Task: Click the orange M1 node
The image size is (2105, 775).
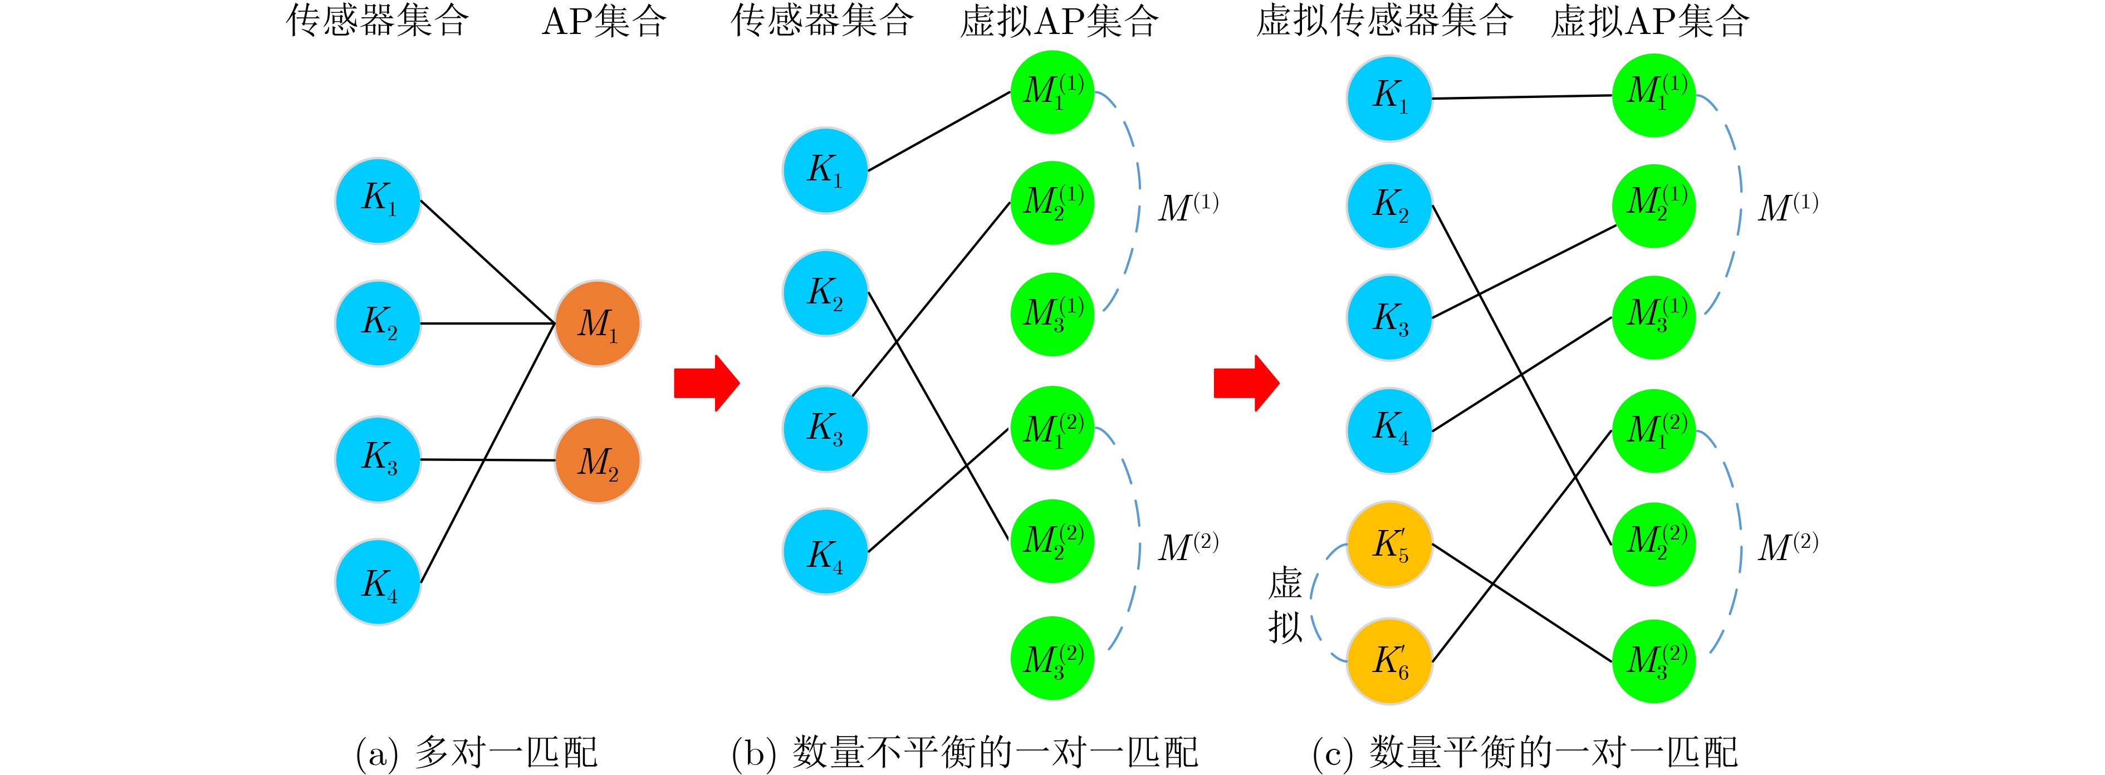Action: [598, 323]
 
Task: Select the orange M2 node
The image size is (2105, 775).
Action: [598, 460]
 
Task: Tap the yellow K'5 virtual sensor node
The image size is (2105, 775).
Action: [1389, 545]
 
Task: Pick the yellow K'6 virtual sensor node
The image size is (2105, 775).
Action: [1389, 661]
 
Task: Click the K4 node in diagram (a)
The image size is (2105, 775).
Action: [378, 582]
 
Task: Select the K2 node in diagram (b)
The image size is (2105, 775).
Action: [825, 292]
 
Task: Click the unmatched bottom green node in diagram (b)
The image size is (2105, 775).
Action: [1052, 658]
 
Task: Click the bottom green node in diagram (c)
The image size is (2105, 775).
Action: [1654, 661]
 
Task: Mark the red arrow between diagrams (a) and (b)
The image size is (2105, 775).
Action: [707, 382]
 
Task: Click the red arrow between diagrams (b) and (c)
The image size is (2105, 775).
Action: [1246, 382]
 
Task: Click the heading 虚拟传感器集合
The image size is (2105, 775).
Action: [1383, 21]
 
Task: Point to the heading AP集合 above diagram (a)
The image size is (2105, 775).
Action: [604, 21]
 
